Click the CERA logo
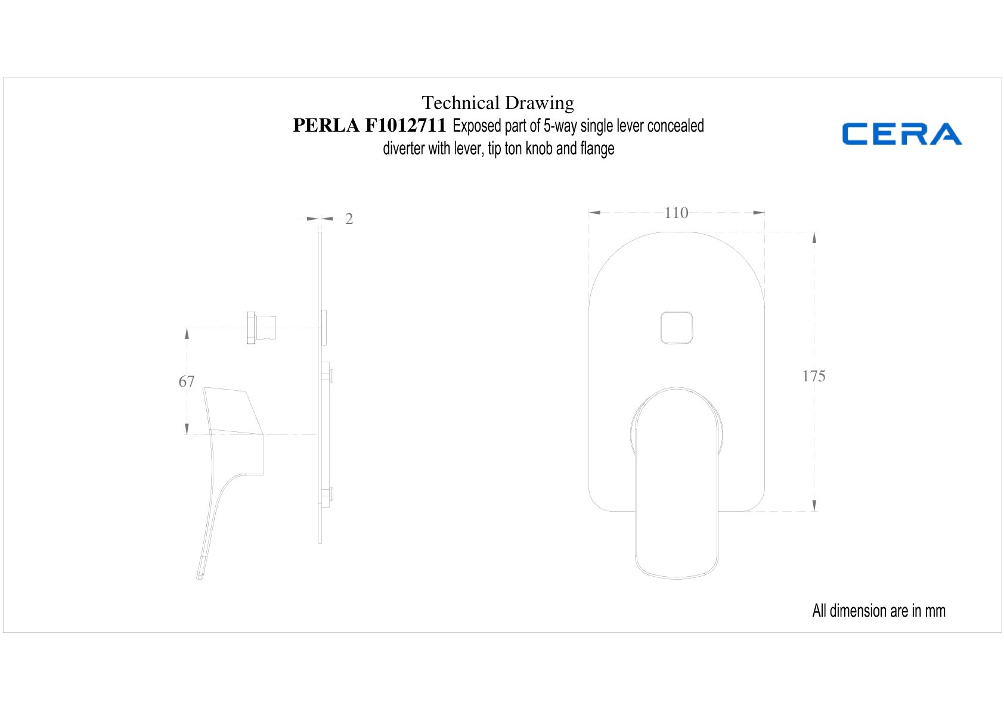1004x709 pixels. click(901, 133)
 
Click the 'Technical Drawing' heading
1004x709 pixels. click(497, 103)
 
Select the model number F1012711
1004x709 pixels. click(405, 125)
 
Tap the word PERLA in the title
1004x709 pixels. click(326, 125)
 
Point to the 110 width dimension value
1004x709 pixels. click(676, 213)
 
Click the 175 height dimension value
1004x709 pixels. click(813, 376)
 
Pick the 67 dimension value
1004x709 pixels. click(187, 381)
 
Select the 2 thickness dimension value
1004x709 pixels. click(349, 219)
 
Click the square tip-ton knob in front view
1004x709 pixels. click(676, 328)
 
